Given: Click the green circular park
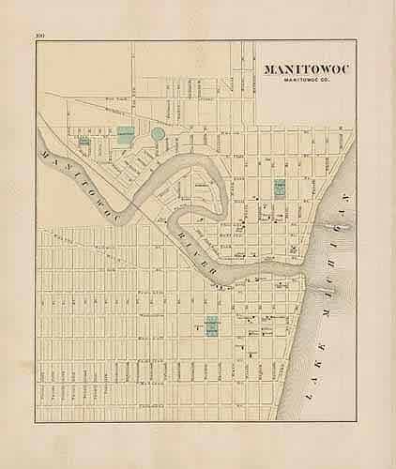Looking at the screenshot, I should [x=158, y=135].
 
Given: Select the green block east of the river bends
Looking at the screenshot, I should [x=279, y=186].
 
